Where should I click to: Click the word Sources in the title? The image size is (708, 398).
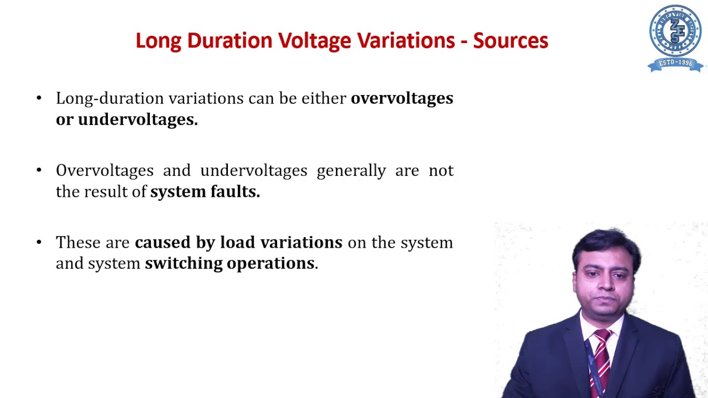[x=511, y=41]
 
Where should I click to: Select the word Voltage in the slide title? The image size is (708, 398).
[x=314, y=41]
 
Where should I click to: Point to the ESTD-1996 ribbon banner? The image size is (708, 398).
[x=675, y=63]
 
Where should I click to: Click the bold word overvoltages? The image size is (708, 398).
[x=402, y=98]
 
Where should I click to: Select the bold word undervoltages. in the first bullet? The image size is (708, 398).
[x=137, y=119]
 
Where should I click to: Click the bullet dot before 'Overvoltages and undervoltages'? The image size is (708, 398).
[x=39, y=170]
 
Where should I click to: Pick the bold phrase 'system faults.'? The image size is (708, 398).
[x=205, y=191]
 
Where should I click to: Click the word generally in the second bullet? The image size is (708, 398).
[x=351, y=170]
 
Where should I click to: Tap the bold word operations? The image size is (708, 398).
[x=271, y=263]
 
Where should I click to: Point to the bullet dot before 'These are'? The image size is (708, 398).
[x=39, y=242]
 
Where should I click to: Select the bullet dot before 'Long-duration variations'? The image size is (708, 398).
[x=39, y=98]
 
